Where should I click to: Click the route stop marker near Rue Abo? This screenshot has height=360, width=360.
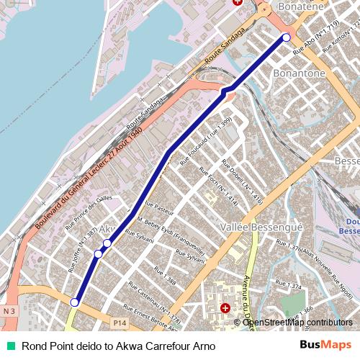(x=286, y=37)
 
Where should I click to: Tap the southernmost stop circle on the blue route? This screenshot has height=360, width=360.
(x=73, y=303)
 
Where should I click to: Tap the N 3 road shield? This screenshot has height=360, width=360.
(x=9, y=310)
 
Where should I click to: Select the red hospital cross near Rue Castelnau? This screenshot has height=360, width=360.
(x=225, y=308)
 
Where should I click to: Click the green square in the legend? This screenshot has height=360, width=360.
(x=9, y=346)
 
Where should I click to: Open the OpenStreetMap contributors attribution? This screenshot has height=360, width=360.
(x=298, y=323)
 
